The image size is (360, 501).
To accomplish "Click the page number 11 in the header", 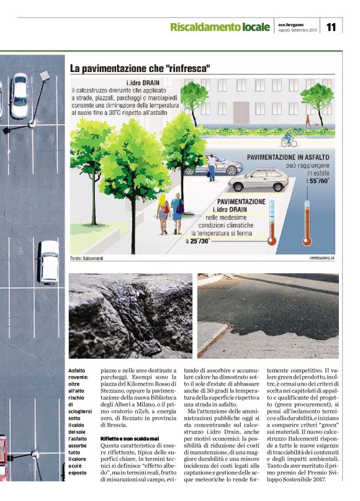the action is (x=331, y=27).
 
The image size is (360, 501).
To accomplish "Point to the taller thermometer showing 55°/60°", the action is (x=306, y=217).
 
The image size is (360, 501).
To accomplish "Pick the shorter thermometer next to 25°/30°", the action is (x=272, y=225).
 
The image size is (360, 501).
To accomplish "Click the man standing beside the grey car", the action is (x=212, y=166).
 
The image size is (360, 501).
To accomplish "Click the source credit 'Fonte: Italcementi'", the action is (x=86, y=257).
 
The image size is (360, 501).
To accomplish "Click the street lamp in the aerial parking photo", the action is (x=44, y=76).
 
